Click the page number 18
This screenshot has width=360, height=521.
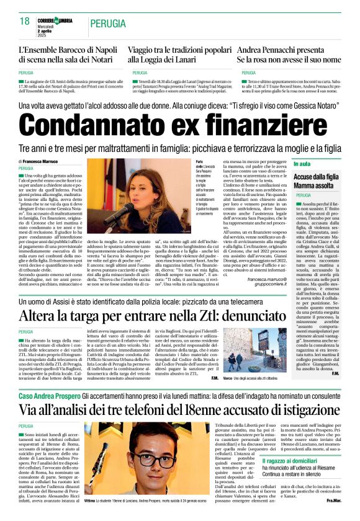tap(25, 22)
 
